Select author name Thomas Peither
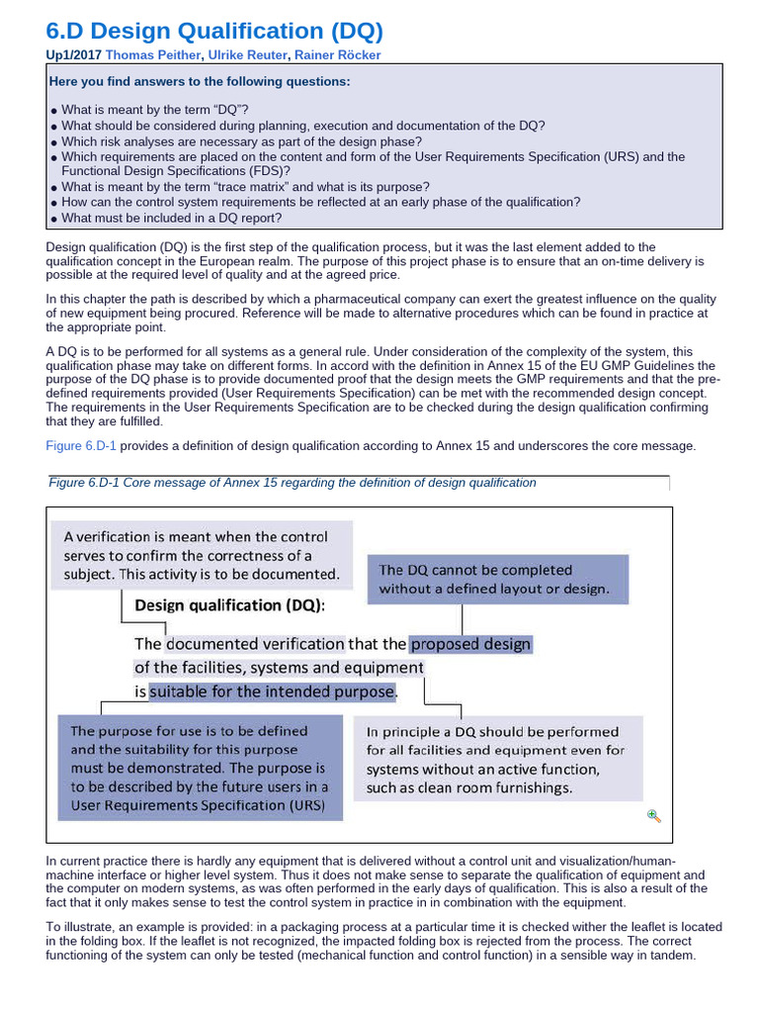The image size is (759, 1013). click(150, 55)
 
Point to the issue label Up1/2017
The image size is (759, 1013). click(73, 55)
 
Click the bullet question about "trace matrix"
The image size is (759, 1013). click(245, 187)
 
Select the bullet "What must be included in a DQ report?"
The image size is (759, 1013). click(171, 218)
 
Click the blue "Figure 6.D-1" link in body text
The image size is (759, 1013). click(81, 446)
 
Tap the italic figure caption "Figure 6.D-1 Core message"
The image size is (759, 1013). click(293, 483)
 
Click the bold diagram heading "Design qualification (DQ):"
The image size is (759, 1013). click(229, 604)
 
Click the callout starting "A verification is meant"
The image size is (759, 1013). click(202, 555)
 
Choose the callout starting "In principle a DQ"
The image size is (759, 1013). click(497, 760)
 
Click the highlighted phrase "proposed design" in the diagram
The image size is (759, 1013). click(470, 644)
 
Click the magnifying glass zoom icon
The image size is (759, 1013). click(653, 815)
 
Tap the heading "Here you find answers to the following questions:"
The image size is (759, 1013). click(199, 81)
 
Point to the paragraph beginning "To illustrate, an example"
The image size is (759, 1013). click(383, 941)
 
